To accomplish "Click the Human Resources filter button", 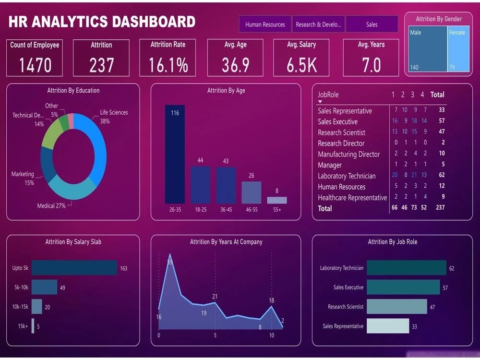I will click(x=265, y=24).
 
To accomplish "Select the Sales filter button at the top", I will click(x=372, y=24).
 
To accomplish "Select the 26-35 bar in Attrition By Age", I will click(x=175, y=154).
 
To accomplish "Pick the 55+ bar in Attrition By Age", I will click(x=277, y=200).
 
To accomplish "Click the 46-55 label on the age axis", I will click(x=252, y=210).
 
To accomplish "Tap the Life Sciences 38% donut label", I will click(x=113, y=117).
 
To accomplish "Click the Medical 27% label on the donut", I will click(x=51, y=206).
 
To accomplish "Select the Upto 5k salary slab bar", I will click(x=74, y=268).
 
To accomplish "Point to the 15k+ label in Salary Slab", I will click(x=23, y=326).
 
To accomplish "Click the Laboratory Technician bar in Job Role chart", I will click(x=406, y=268).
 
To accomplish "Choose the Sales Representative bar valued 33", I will click(x=388, y=326).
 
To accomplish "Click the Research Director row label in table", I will click(x=341, y=144).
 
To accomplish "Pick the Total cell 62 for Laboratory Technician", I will click(x=442, y=176).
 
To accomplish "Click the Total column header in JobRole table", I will click(x=437, y=95).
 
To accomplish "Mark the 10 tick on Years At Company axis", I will click(x=272, y=336).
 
